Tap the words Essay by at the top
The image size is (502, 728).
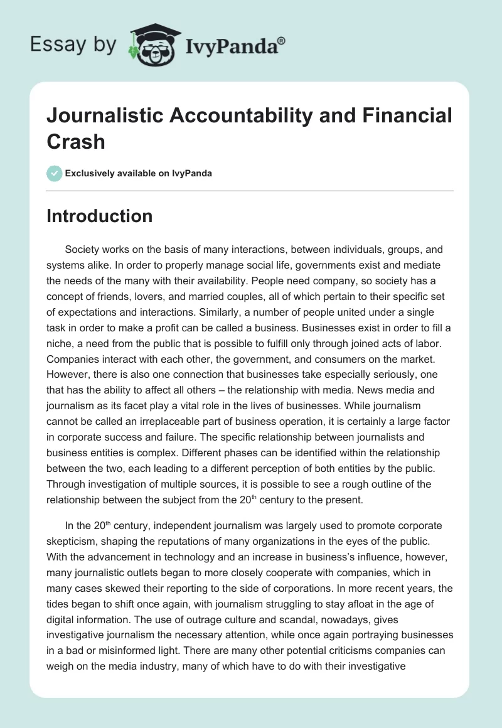pyautogui.click(x=73, y=45)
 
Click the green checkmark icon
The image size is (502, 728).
pyautogui.click(x=55, y=173)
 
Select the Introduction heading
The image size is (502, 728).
pyautogui.click(x=100, y=216)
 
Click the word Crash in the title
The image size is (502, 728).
pyautogui.click(x=76, y=141)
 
